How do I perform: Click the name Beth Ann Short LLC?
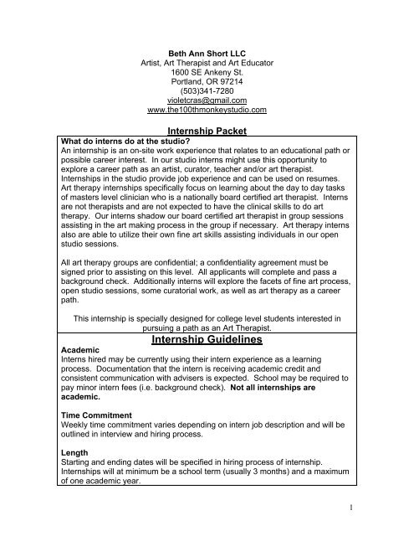pyautogui.click(x=206, y=54)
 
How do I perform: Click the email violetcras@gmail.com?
pyautogui.click(x=206, y=98)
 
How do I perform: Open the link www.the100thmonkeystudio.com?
pyautogui.click(x=206, y=109)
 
